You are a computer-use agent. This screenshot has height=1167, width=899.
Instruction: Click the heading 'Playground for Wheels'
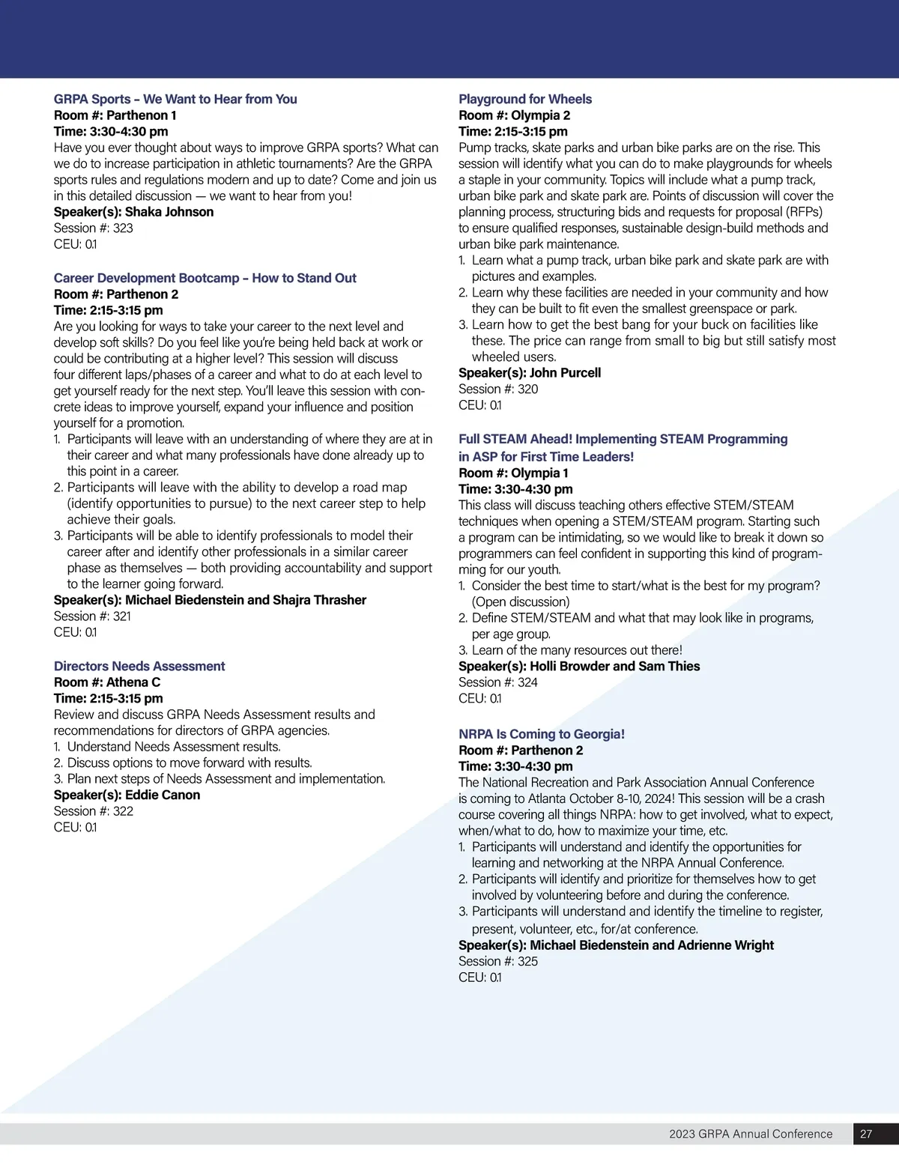[524, 99]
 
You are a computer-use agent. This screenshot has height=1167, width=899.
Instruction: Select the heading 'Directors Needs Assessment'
[139, 666]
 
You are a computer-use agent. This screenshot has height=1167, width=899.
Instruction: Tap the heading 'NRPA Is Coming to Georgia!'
[541, 734]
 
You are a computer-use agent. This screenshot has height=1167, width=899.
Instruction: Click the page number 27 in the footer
[866, 1134]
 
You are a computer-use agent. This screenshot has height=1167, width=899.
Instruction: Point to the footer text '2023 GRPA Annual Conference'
[751, 1134]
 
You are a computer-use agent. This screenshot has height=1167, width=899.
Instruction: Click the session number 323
[123, 228]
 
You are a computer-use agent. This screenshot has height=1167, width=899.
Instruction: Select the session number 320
[527, 389]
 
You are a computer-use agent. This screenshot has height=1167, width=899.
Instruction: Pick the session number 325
[527, 961]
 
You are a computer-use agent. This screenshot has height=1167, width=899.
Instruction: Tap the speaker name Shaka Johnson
[169, 212]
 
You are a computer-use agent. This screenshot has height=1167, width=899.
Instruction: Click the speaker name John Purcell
[565, 372]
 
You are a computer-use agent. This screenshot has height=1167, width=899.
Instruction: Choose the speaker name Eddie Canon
[163, 795]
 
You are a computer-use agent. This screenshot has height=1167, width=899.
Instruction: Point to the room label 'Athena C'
[133, 682]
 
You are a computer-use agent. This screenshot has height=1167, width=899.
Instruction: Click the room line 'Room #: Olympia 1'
[513, 473]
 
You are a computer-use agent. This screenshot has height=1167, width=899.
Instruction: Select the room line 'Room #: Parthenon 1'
[115, 115]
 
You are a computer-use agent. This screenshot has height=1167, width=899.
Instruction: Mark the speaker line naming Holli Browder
[579, 666]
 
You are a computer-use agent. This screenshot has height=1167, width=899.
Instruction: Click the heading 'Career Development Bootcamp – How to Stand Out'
[205, 278]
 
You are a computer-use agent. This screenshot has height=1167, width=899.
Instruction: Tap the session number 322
[123, 810]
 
